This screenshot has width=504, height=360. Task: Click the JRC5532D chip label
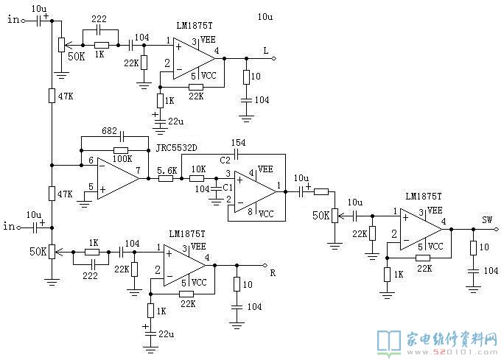pyautogui.click(x=176, y=148)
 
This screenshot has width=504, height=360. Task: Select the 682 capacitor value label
pyautogui.click(x=109, y=131)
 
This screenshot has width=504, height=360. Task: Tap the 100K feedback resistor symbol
pyautogui.click(x=121, y=150)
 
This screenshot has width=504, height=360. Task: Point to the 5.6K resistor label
pyautogui.click(x=167, y=170)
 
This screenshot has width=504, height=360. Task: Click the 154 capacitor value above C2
pyautogui.click(x=238, y=142)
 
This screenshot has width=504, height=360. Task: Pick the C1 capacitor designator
pyautogui.click(x=228, y=187)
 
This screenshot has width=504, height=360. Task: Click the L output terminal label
pyautogui.click(x=265, y=51)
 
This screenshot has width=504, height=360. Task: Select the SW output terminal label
pyautogui.click(x=487, y=220)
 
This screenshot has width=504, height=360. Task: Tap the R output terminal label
pyautogui.click(x=273, y=273)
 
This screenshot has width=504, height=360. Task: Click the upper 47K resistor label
pyautogui.click(x=66, y=96)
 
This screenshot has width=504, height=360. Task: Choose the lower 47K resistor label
pyautogui.click(x=65, y=194)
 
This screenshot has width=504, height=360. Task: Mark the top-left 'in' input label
pyautogui.click(x=13, y=19)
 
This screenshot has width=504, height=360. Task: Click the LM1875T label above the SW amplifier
pyautogui.click(x=424, y=197)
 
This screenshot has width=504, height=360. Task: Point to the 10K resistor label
pyautogui.click(x=198, y=169)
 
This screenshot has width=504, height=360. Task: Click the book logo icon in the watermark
pyautogui.click(x=389, y=343)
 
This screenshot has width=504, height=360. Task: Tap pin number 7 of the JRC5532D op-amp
pyautogui.click(x=139, y=170)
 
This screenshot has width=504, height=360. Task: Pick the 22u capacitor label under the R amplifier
pyautogui.click(x=167, y=334)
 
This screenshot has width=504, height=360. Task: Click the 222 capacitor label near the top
pyautogui.click(x=99, y=19)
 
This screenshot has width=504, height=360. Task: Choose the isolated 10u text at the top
pyautogui.click(x=265, y=16)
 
